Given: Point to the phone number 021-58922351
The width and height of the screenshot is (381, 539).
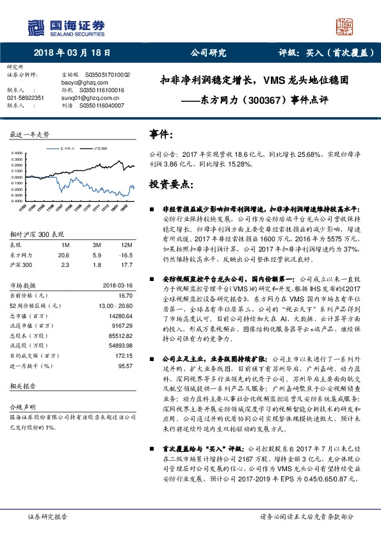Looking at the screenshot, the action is click(x=26, y=98).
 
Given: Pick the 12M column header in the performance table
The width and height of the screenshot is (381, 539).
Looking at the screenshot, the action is click(x=127, y=245).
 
